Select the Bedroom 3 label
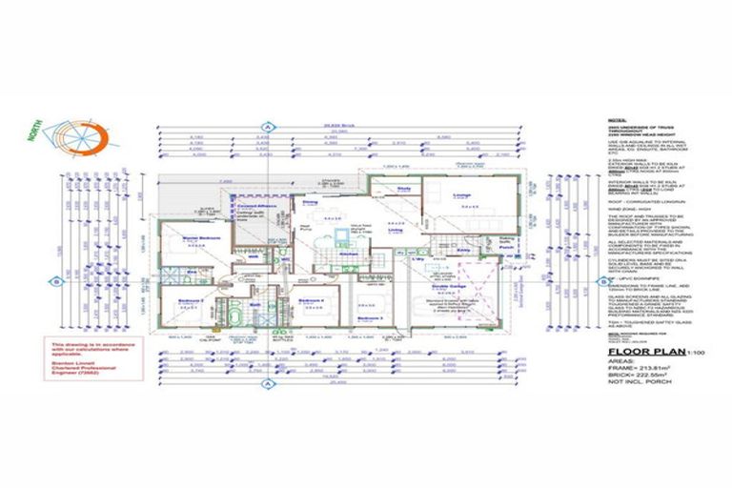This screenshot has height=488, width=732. (x=370, y=317)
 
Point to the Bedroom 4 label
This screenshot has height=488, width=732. (x=312, y=300)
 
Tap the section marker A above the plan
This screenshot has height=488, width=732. (x=268, y=127)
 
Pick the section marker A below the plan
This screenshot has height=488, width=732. (x=268, y=383)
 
